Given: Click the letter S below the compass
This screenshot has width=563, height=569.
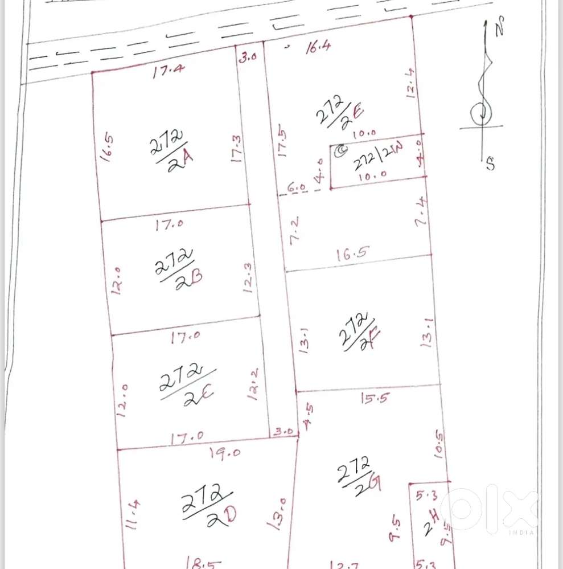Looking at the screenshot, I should [x=490, y=165].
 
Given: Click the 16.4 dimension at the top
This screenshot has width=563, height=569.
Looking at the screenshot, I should [x=318, y=48].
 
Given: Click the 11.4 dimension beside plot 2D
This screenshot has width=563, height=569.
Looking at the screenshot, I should [x=131, y=514].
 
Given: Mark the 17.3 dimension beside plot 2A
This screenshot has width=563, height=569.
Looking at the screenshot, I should [x=238, y=149].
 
